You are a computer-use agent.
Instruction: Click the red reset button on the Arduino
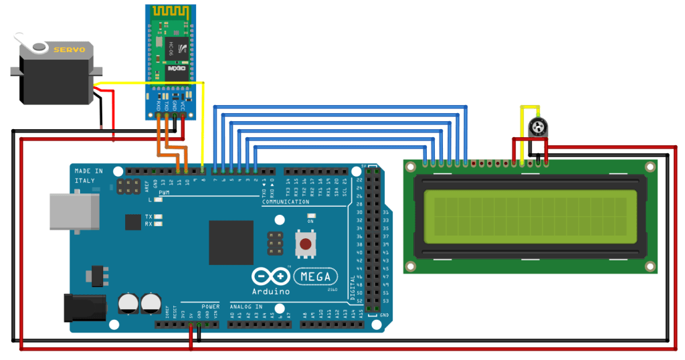click(305, 244)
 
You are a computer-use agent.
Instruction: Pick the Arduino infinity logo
click(270, 277)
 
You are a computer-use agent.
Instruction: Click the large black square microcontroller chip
click(231, 242)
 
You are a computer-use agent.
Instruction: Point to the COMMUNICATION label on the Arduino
click(286, 201)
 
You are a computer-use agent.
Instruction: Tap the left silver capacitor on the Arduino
click(128, 303)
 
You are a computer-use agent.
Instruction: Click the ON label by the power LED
click(311, 221)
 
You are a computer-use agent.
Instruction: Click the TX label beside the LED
click(149, 217)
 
